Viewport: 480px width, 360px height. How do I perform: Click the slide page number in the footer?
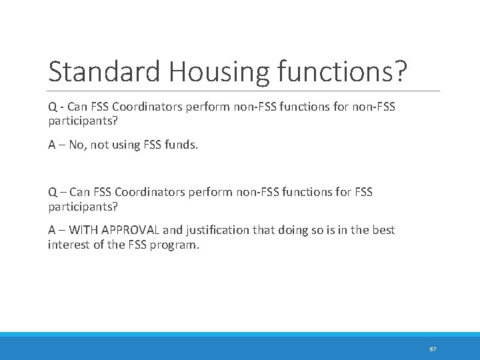coord(433,349)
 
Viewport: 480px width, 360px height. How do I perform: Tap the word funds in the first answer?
coord(181,145)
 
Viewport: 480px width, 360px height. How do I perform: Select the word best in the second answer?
coord(383,230)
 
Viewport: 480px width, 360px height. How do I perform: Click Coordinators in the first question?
coord(155,107)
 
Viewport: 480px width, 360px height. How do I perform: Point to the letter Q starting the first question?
coord(52,107)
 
